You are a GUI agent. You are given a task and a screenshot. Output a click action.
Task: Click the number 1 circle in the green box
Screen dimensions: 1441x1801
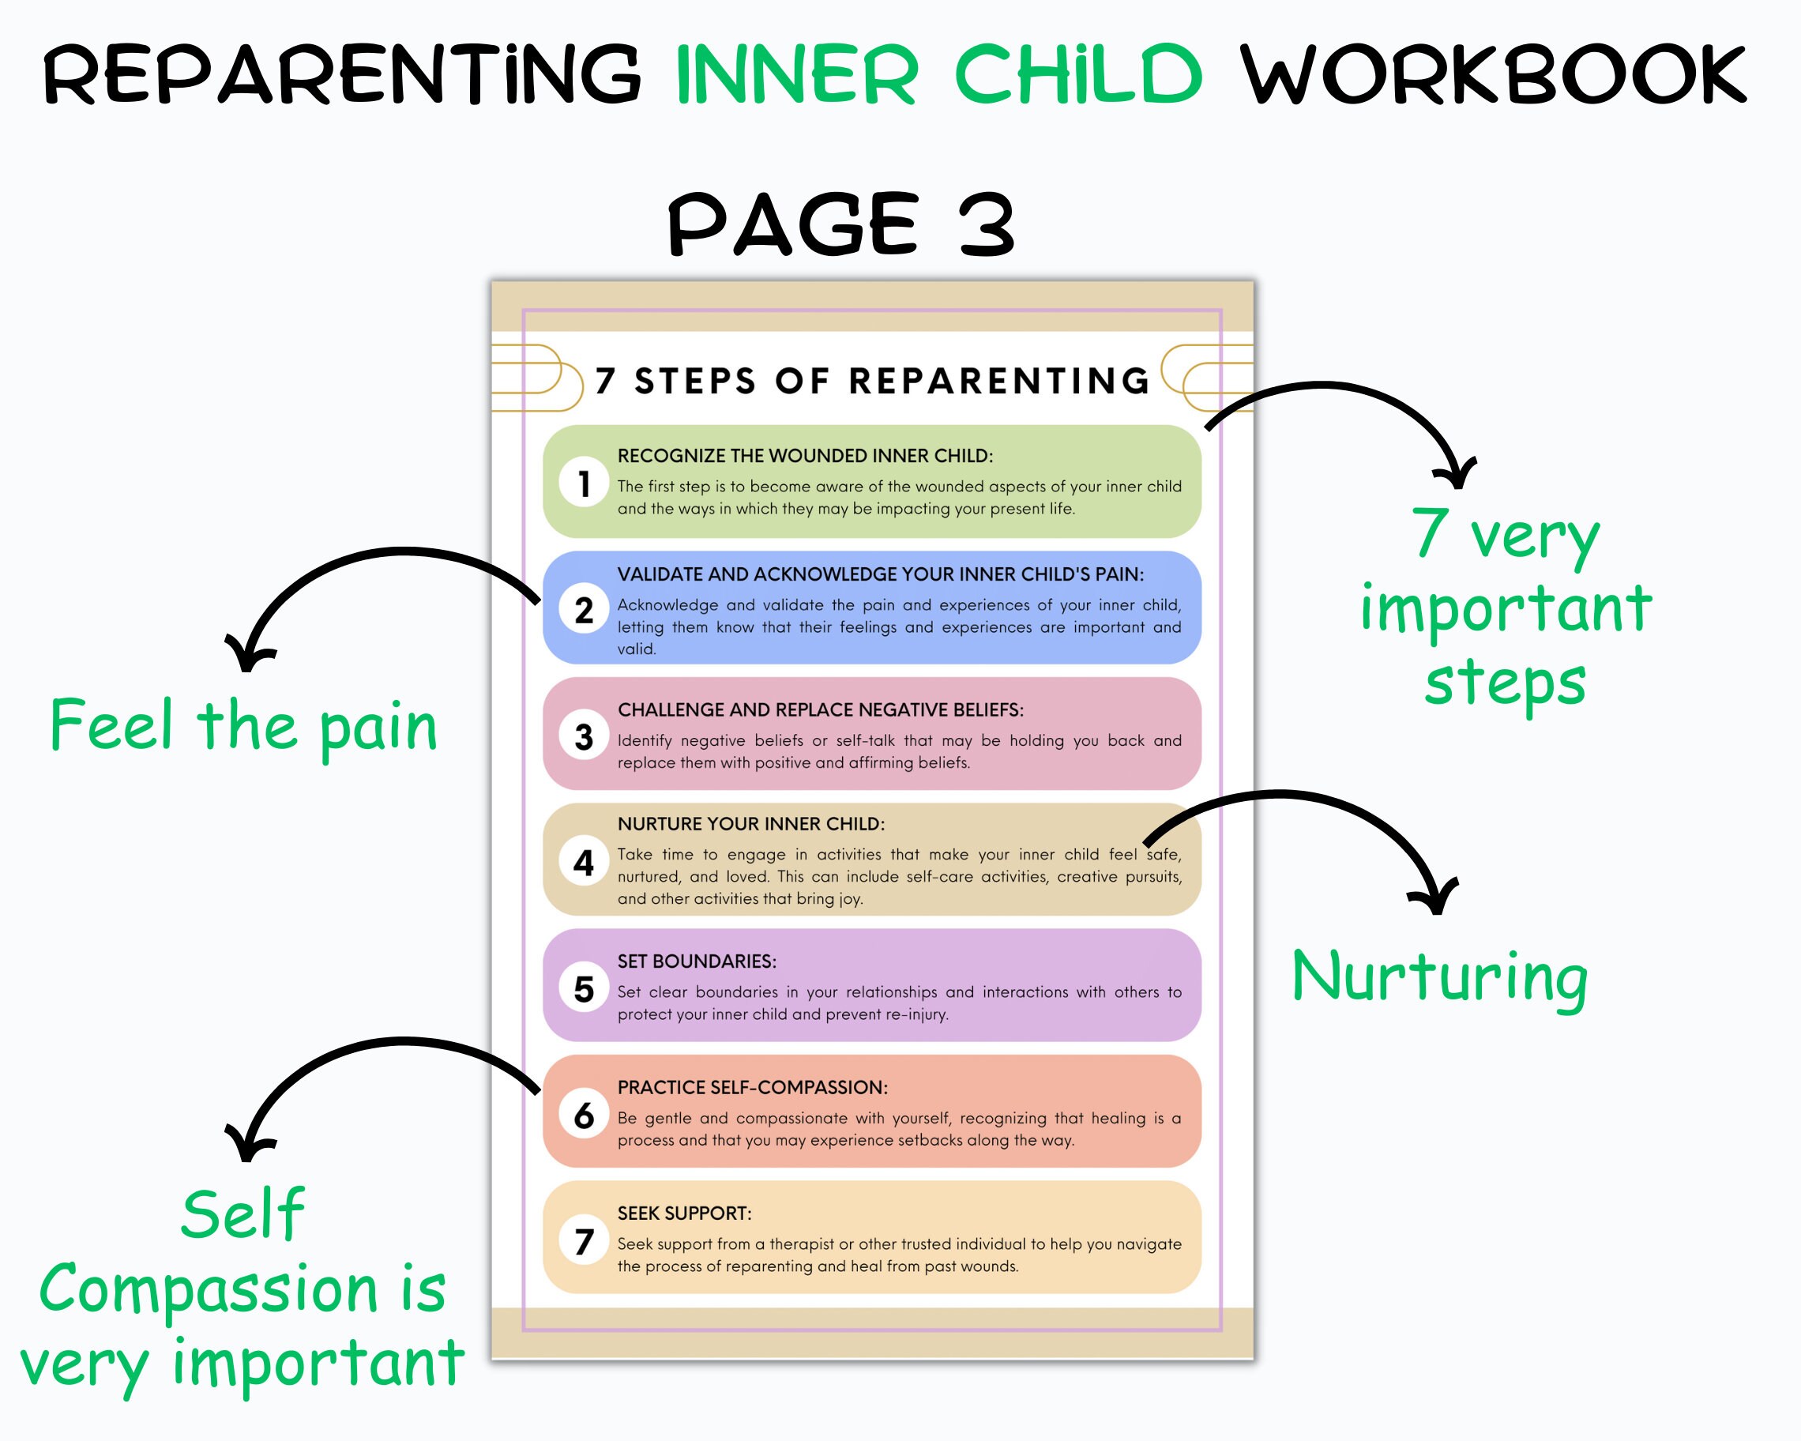584,483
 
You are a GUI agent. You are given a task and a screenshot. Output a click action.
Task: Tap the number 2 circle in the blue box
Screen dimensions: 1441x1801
584,609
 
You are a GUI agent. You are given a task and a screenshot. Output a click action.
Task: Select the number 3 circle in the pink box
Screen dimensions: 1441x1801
584,736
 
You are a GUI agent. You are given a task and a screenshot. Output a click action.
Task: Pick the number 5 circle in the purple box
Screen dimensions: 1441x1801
584,988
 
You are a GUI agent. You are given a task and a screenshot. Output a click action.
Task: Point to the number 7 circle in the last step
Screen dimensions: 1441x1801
584,1240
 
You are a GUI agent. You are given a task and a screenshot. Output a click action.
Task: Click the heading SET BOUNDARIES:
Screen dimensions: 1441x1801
697,961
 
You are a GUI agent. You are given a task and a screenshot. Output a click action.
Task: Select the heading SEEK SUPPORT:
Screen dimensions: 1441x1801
684,1213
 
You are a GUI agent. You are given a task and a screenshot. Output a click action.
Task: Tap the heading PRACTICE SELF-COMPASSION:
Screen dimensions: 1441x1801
753,1087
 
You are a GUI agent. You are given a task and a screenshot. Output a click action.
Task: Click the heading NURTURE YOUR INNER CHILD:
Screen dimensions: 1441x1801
751,824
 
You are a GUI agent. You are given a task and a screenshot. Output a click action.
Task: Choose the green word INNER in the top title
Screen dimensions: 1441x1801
797,75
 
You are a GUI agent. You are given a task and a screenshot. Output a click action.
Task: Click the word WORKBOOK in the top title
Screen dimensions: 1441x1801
1493,75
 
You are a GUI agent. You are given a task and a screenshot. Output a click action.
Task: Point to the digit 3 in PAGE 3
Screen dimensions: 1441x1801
986,224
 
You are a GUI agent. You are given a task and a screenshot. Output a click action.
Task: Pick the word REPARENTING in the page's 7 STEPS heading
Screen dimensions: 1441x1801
999,381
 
